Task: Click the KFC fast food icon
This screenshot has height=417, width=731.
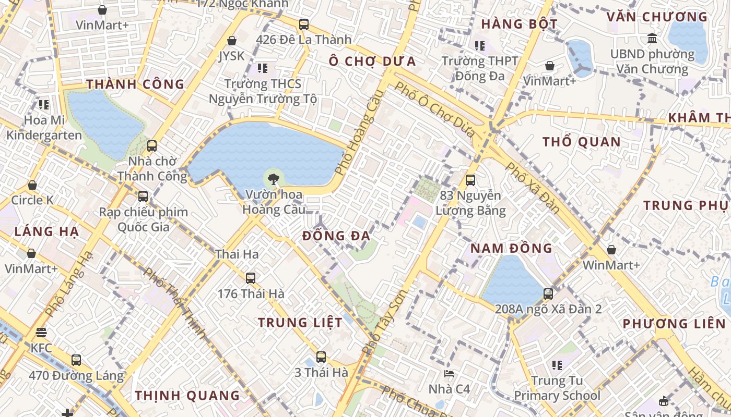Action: click(41, 333)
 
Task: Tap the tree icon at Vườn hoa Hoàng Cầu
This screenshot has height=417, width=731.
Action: click(273, 180)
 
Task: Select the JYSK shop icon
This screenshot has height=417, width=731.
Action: click(232, 41)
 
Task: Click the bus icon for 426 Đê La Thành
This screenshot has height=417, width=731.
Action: click(303, 24)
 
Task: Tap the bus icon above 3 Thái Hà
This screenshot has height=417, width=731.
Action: click(321, 357)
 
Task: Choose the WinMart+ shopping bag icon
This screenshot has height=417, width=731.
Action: click(611, 250)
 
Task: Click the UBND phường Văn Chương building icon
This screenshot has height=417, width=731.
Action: click(652, 38)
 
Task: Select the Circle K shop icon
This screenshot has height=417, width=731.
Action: click(32, 185)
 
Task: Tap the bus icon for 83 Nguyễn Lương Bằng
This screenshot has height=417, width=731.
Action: click(470, 180)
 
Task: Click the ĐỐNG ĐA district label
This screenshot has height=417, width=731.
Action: click(336, 236)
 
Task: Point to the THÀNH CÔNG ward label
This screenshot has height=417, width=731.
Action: click(135, 84)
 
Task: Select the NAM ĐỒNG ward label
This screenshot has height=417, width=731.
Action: click(511, 248)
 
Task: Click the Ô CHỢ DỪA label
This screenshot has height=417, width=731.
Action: click(372, 62)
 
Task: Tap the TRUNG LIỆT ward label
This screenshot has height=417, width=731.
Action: click(300, 323)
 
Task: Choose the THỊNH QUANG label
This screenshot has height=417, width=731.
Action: click(187, 396)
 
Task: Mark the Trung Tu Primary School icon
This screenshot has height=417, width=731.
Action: click(557, 365)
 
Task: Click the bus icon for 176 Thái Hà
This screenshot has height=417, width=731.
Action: click(251, 278)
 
